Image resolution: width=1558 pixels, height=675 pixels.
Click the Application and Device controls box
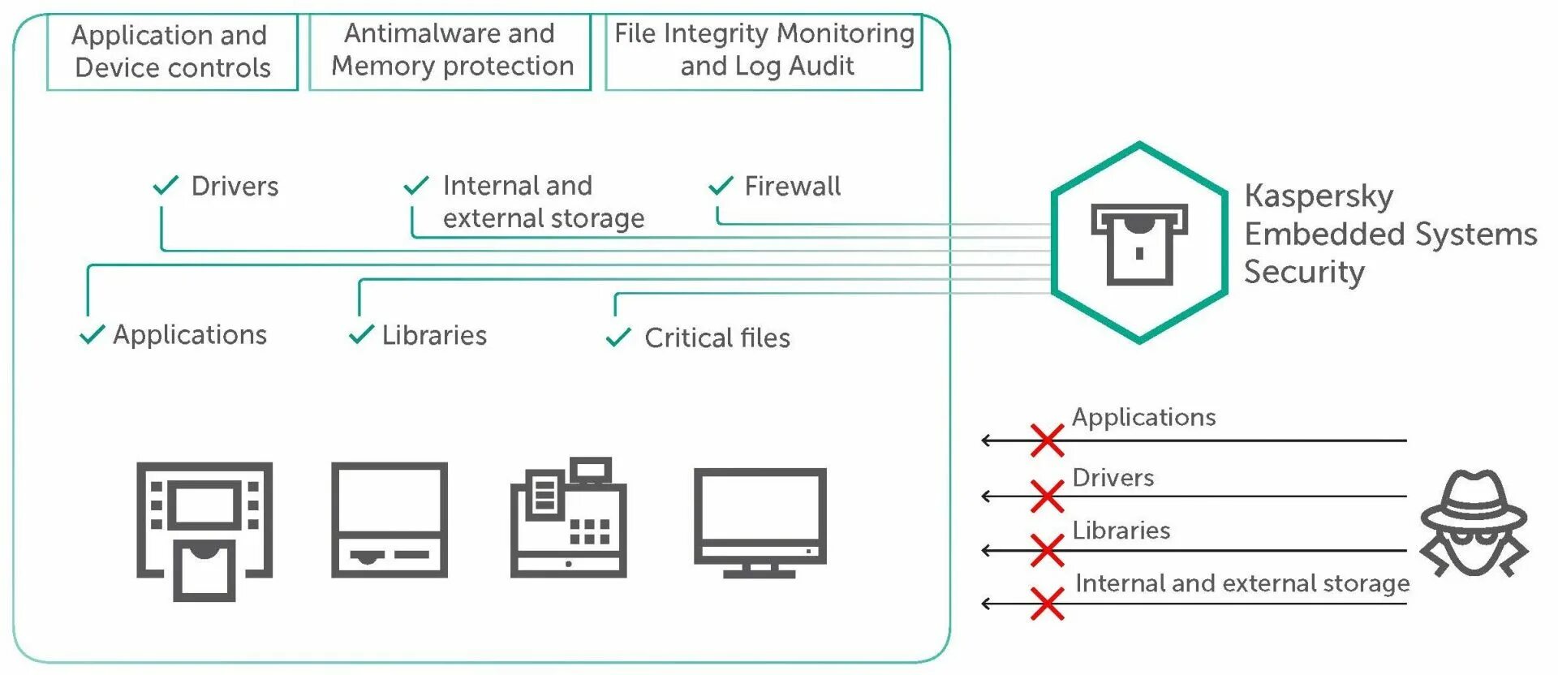[x=172, y=51]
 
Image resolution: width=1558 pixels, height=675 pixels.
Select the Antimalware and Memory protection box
[x=450, y=51]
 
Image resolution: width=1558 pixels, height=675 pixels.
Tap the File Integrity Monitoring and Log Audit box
[x=764, y=51]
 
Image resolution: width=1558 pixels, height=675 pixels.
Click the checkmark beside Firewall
[x=721, y=186]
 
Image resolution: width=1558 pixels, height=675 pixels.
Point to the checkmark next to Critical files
[x=618, y=337]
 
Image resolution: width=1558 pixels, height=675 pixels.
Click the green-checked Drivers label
[x=235, y=186]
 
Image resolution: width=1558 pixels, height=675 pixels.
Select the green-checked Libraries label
[x=434, y=335]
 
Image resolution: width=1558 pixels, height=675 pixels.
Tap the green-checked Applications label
[x=190, y=335]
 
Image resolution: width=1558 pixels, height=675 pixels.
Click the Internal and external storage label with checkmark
[x=543, y=202]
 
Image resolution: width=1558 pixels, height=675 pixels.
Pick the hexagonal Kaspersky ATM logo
[x=1139, y=243]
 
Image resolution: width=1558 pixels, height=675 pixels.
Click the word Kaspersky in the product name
[x=1319, y=196]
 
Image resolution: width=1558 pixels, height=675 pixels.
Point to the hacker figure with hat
[x=1474, y=523]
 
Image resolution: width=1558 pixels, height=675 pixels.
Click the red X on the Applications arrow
[x=1047, y=441]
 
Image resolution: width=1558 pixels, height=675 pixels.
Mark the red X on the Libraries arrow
[x=1047, y=550]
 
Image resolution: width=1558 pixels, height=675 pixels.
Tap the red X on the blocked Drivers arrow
[x=1047, y=496]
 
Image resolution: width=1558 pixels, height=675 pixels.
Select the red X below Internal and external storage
[x=1047, y=604]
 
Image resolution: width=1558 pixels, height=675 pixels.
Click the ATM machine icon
[x=204, y=531]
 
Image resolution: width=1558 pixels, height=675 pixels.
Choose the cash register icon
[x=568, y=518]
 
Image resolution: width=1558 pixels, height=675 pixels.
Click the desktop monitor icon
[x=760, y=522]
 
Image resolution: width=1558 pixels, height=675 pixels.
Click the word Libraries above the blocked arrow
[x=1121, y=531]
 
